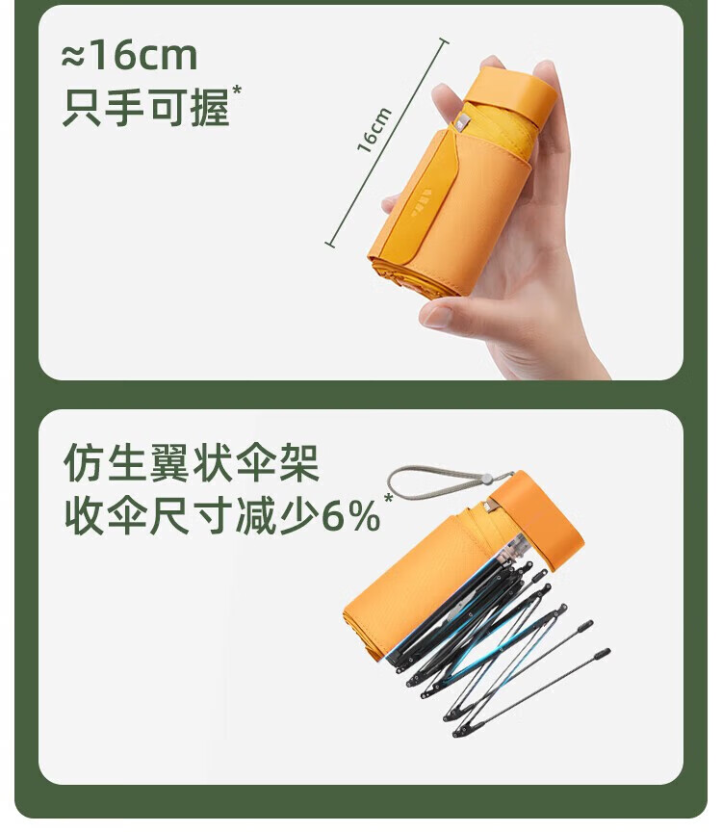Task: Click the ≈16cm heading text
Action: (129, 56)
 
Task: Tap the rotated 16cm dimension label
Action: (374, 130)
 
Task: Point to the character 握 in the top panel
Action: (210, 108)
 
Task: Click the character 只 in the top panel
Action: (82, 108)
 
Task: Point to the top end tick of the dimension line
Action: (443, 40)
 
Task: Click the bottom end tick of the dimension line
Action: (330, 245)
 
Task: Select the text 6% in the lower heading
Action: (351, 516)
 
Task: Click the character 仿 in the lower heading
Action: (84, 462)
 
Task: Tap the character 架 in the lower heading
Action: (299, 462)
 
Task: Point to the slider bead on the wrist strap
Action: (484, 479)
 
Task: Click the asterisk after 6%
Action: (389, 499)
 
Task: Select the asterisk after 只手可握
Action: (237, 90)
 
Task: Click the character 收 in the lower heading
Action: (84, 516)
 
